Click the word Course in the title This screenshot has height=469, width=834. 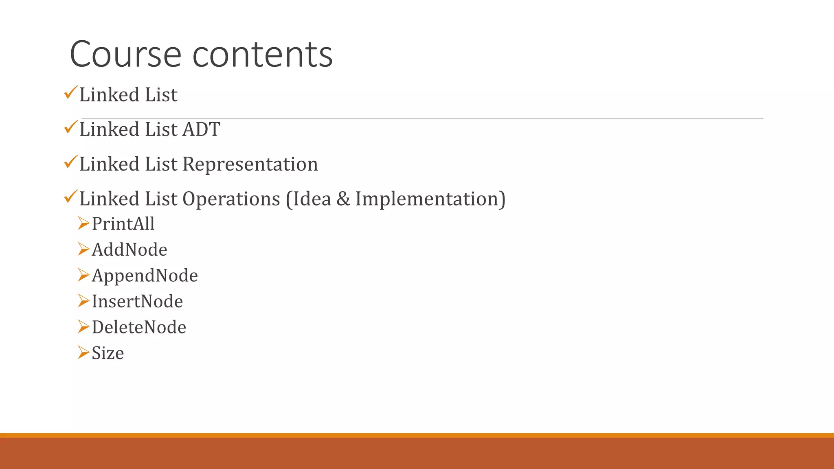(125, 55)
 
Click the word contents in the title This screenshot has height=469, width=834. (262, 55)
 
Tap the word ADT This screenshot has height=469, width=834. (201, 129)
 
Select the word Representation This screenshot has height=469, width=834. (250, 164)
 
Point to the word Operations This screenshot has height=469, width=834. (231, 199)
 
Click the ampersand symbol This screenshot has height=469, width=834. (343, 199)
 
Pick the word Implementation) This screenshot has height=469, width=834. (430, 199)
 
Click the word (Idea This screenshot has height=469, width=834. (309, 199)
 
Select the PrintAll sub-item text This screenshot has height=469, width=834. (123, 224)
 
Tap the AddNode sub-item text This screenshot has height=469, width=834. (129, 250)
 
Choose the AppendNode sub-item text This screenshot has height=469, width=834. (145, 276)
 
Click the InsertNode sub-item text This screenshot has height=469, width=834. (137, 302)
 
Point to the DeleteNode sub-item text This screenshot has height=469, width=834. (139, 327)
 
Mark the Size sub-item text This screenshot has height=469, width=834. (108, 353)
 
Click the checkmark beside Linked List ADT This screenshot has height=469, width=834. (70, 128)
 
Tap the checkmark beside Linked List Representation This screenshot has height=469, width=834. (70, 162)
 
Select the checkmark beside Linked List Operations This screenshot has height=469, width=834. (70, 197)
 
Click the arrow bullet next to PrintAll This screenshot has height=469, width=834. (83, 223)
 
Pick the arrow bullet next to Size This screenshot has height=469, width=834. (83, 352)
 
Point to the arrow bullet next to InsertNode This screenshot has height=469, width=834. (83, 301)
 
